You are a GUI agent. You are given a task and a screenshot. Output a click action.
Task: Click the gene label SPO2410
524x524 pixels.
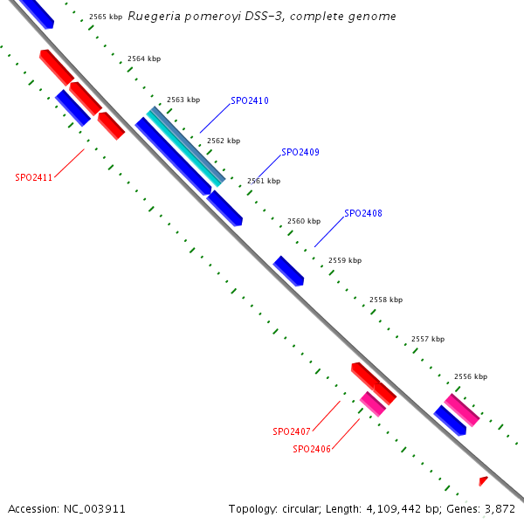coord(250,101)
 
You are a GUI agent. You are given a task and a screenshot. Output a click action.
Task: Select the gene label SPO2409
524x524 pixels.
coord(300,152)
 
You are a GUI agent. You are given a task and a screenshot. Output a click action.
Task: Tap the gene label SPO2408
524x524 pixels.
coord(363,213)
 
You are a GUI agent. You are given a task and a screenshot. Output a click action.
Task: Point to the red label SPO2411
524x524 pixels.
coord(34,177)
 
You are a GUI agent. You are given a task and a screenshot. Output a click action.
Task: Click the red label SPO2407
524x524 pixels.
coord(292,431)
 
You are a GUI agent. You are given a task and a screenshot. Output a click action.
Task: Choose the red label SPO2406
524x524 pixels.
coord(312,449)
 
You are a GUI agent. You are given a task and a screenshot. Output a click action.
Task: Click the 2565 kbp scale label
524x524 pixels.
coord(106,17)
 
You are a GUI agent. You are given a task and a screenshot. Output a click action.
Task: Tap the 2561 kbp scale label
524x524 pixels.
coord(264,181)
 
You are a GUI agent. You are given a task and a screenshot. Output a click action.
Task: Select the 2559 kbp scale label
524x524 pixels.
coord(345,260)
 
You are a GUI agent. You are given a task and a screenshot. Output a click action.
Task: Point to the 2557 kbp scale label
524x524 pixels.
coord(428,339)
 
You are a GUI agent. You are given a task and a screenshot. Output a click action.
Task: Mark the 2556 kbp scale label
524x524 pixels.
coord(471,376)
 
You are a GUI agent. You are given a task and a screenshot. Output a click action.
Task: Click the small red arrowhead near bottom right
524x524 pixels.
coord(483,480)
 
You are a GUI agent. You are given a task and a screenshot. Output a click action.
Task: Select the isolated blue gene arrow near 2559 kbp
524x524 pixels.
coord(288,271)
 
